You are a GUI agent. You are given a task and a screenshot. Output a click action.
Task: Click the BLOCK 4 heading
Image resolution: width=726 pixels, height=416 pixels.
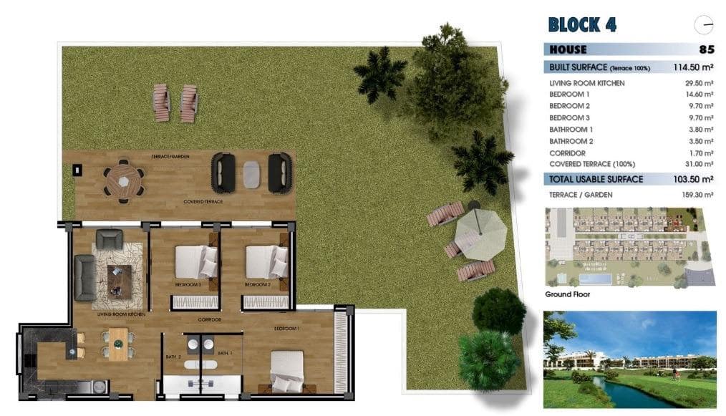(581, 24)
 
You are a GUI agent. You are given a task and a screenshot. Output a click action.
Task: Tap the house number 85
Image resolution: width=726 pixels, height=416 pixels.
(706, 50)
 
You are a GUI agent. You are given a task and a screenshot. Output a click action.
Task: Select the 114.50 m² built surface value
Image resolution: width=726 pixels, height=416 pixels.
(692, 67)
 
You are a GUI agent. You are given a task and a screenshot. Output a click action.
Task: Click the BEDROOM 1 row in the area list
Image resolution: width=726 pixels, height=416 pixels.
(570, 95)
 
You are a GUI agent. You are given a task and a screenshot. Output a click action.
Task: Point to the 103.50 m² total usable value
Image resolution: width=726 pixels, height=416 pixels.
(692, 179)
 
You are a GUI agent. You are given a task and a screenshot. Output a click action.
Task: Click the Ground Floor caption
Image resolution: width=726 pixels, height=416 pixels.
(568, 294)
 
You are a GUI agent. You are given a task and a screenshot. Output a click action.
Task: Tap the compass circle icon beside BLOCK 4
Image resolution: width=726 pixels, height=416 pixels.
(704, 25)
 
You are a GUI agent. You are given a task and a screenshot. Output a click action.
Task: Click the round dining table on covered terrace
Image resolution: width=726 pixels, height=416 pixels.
(124, 181)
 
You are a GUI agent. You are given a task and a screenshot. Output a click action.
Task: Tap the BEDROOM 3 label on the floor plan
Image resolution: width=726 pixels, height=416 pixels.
(188, 284)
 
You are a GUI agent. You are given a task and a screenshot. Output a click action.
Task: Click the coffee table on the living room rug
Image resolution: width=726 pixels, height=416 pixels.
(119, 281)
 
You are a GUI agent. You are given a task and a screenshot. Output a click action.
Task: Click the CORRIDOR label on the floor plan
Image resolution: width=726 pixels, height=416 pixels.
(209, 320)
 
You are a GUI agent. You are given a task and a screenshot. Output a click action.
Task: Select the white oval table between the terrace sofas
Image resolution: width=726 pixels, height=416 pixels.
(251, 173)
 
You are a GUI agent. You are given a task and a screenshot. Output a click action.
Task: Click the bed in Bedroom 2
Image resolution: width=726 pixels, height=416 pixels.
(266, 262)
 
